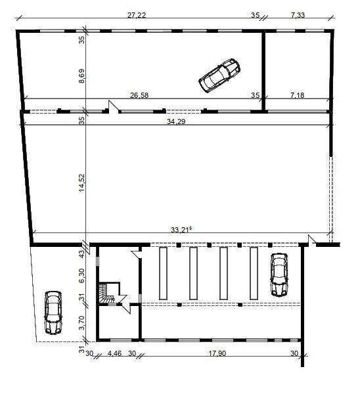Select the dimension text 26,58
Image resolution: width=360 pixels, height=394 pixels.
(x=139, y=95)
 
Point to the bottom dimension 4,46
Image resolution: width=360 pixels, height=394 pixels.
(x=114, y=355)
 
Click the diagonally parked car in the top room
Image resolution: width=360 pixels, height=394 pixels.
(x=219, y=75)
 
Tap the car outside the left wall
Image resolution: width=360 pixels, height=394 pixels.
(x=53, y=313)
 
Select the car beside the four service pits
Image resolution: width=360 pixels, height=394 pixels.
(x=279, y=274)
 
